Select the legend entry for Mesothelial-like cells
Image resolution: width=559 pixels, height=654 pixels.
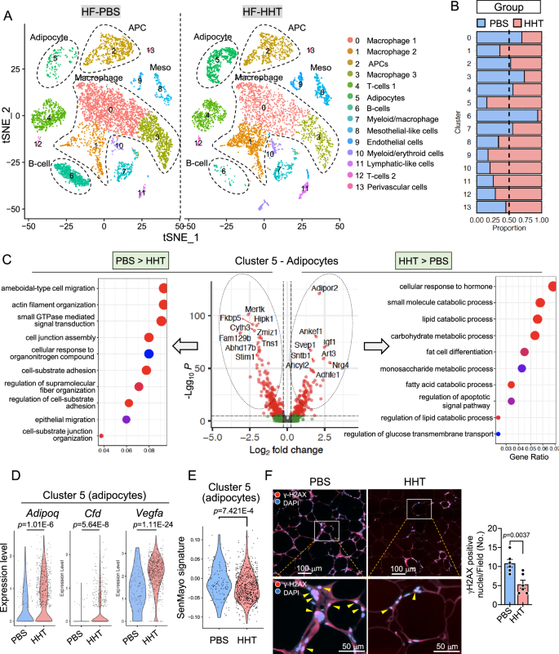tap(391, 140)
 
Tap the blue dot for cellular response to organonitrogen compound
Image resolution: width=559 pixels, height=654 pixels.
tap(149, 354)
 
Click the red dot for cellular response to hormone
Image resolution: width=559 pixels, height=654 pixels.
tap(552, 286)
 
